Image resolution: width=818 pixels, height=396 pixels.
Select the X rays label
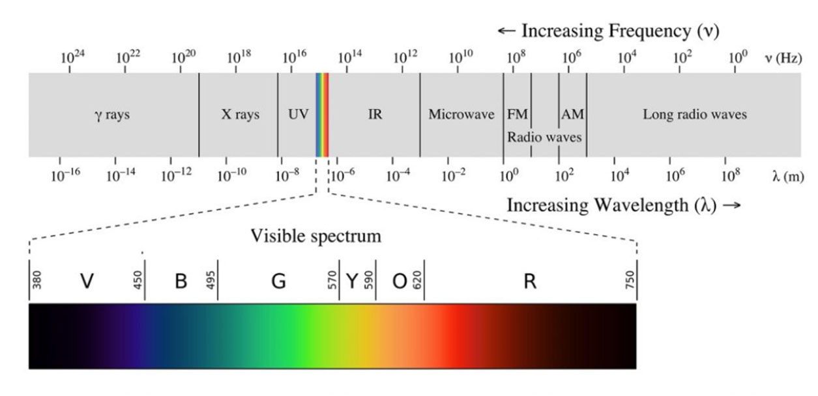click(241, 115)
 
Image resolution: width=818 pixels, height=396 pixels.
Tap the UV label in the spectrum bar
click(298, 115)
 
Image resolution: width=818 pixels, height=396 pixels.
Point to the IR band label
click(375, 115)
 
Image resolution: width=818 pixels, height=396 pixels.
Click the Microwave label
click(461, 115)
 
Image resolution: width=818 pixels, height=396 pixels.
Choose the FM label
click(517, 115)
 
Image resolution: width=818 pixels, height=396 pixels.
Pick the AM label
click(573, 115)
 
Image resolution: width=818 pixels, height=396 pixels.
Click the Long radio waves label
click(695, 115)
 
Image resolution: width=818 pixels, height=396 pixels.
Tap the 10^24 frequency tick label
click(72, 57)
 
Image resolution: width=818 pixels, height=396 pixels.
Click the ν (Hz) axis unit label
click(782, 58)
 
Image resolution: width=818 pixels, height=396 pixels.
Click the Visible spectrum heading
click(316, 236)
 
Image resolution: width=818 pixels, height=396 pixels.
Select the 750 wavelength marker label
click(630, 281)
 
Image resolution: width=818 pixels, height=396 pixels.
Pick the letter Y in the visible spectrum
click(352, 281)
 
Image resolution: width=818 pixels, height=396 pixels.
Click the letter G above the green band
click(278, 281)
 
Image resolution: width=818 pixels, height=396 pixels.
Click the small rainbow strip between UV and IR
click(322, 115)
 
